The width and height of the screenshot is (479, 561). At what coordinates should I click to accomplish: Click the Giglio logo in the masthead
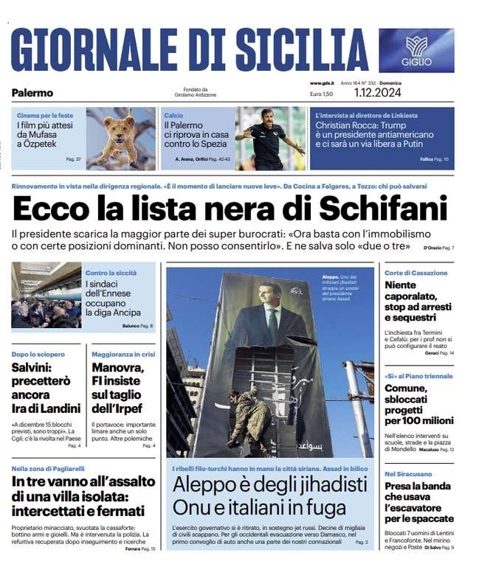coord(417,50)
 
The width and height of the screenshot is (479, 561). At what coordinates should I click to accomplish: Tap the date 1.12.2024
coord(377,94)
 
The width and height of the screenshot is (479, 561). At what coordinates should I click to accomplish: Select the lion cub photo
coord(120,138)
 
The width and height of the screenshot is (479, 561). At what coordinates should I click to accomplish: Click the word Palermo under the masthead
coord(32,93)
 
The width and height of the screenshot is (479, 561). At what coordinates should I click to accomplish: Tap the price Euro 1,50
coord(321,94)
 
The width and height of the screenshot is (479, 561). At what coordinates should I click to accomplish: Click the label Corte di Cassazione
coord(416,273)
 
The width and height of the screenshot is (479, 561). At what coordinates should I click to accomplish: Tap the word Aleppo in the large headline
coord(205,485)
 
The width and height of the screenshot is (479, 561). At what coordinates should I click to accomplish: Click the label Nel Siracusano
coord(408,473)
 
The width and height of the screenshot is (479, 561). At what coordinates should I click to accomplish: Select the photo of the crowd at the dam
coord(46,295)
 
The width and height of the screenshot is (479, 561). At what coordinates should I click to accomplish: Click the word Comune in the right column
coord(406,388)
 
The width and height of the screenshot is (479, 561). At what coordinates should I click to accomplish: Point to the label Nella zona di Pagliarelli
coord(48,468)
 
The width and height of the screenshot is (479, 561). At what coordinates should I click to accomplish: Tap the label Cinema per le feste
coord(45,116)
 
